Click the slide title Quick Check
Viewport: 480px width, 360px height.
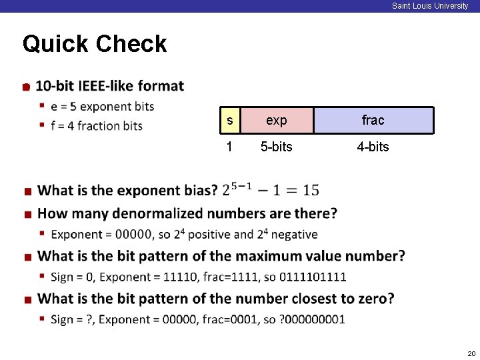pos(95,44)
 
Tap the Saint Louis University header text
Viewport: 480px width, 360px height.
pos(430,6)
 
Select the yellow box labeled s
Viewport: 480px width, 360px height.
pos(230,120)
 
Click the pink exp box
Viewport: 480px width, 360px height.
pos(276,120)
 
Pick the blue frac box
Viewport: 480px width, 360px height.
pos(373,120)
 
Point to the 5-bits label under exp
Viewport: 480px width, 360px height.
pos(276,147)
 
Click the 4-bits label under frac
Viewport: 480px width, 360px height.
pos(373,147)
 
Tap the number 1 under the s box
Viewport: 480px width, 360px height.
pos(229,147)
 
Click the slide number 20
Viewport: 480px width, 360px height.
pos(471,353)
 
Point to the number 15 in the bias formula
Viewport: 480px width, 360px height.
pos(311,191)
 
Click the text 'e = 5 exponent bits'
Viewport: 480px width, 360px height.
pos(102,106)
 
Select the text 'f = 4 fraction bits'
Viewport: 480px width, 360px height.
pos(97,125)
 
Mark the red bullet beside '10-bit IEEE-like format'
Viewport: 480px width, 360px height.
pos(25,87)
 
